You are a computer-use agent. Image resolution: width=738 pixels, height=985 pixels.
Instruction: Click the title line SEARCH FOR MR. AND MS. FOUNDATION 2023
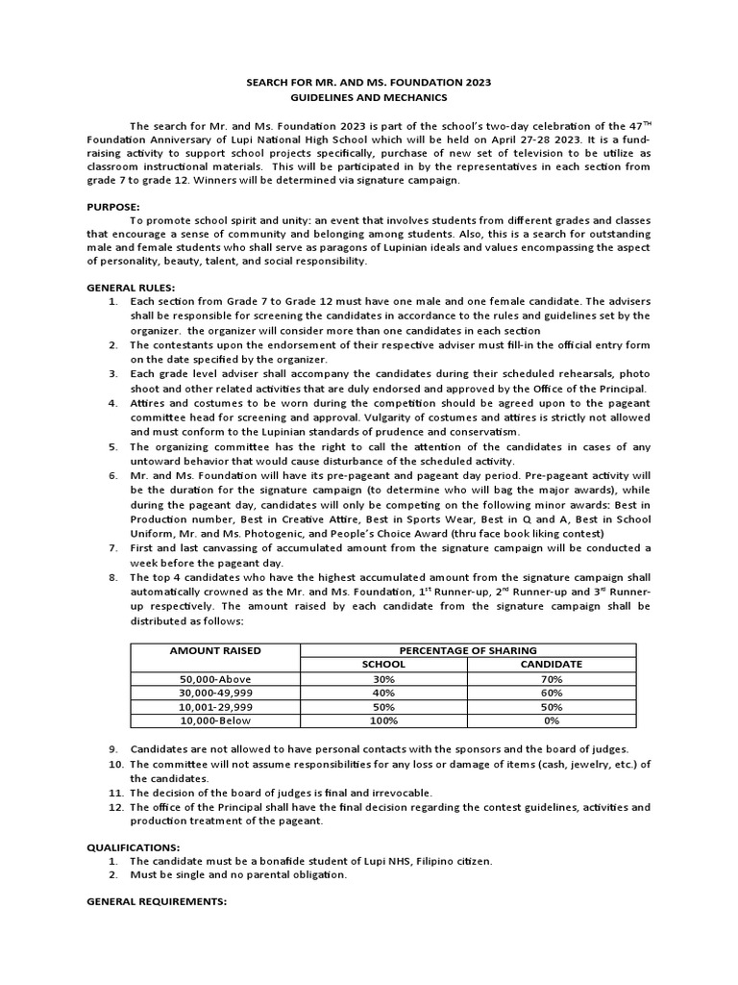(x=369, y=84)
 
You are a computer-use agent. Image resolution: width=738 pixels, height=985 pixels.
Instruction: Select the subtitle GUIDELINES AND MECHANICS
(x=369, y=98)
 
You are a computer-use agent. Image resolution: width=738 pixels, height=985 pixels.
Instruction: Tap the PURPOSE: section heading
(x=113, y=206)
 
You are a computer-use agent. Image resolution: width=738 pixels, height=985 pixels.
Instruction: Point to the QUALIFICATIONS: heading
(x=133, y=846)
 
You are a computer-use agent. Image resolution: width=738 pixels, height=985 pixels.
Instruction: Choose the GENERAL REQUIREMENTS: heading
(x=157, y=901)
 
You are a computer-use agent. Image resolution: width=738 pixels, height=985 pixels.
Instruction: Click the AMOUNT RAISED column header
(x=215, y=651)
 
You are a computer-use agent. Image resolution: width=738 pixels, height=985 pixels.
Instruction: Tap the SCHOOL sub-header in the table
(x=382, y=665)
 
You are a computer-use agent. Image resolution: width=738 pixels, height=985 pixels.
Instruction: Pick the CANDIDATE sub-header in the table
(x=552, y=665)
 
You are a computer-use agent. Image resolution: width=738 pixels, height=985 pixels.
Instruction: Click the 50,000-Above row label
(x=215, y=678)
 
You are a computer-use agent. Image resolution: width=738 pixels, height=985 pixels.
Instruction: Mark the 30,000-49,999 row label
(x=215, y=692)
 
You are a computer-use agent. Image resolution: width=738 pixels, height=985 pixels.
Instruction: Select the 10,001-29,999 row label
(x=215, y=705)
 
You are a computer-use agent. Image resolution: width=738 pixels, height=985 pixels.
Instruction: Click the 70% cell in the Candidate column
(x=552, y=678)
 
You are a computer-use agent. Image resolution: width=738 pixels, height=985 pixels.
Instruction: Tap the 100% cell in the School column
(x=382, y=719)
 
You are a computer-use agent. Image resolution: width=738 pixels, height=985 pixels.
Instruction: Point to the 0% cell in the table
(x=552, y=719)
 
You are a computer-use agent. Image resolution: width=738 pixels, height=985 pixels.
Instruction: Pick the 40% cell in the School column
(x=382, y=692)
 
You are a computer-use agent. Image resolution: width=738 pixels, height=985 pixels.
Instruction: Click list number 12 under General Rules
(x=113, y=806)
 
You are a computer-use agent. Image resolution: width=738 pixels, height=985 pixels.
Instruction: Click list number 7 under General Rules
(x=113, y=547)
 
